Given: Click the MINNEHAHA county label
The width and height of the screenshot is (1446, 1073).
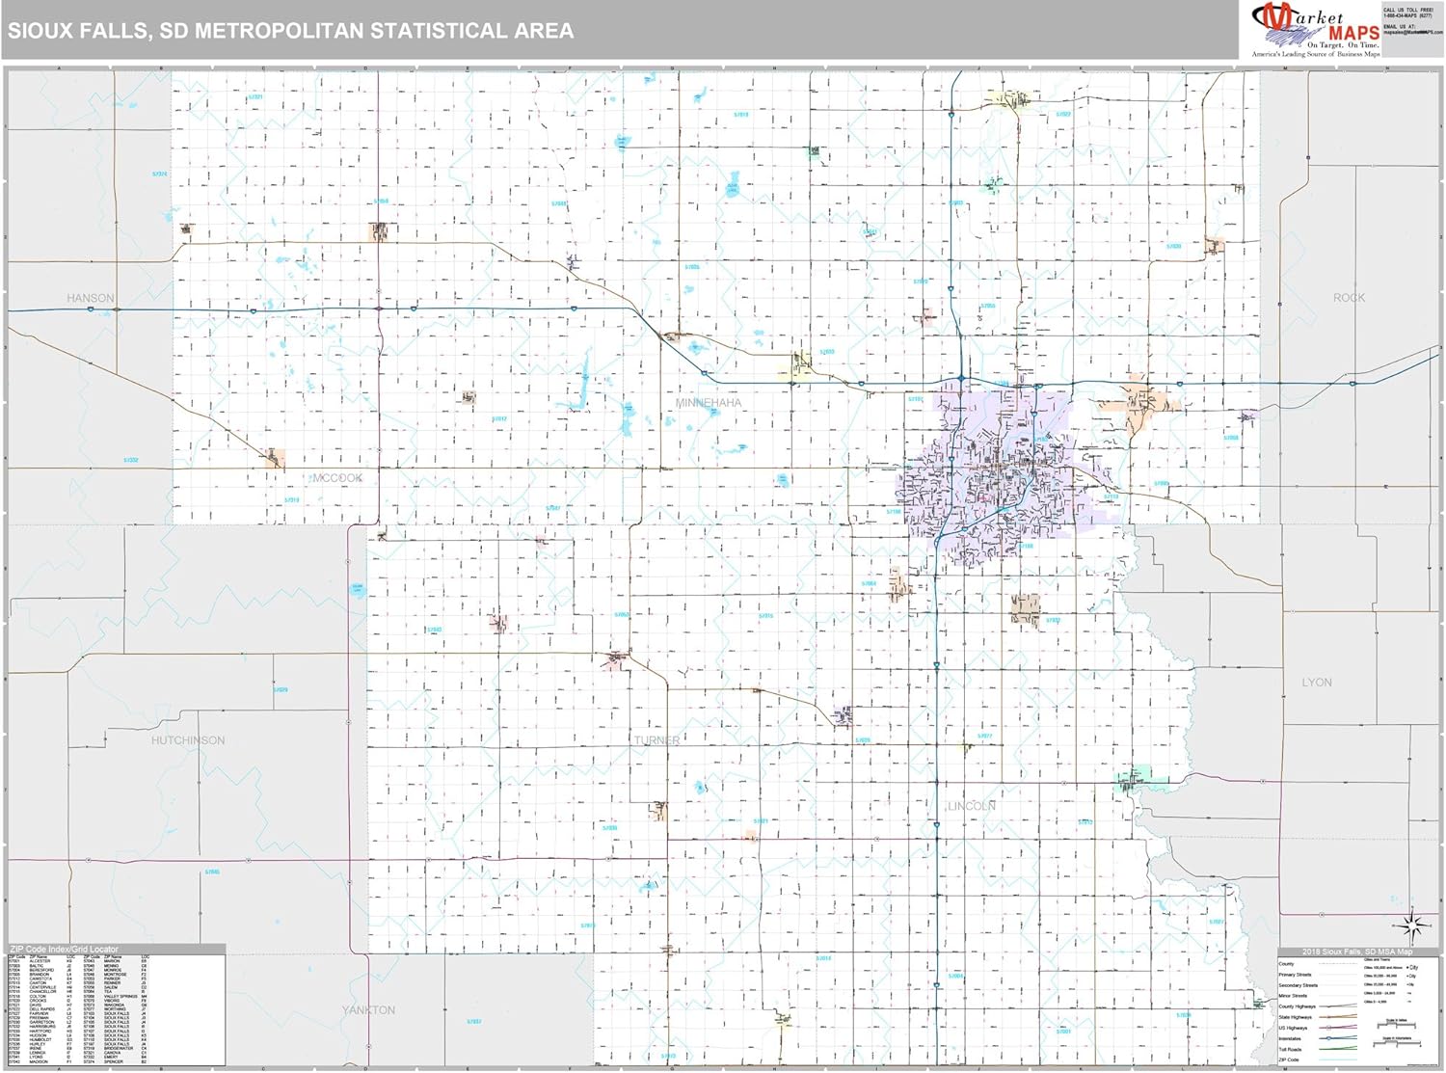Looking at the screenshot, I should point(709,402).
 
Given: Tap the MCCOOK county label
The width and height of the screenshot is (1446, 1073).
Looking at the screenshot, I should point(337,478).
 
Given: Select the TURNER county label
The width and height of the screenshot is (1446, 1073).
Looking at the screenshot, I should point(656,740).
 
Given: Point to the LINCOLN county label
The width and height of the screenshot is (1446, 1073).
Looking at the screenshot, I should point(971,806).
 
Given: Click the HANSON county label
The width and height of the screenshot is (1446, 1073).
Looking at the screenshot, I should point(91,298).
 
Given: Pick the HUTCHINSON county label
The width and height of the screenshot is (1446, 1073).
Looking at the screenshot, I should point(188,740).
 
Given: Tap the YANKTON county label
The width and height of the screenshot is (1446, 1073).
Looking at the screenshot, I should point(368,1010).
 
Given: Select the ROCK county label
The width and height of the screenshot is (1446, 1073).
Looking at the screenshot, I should point(1349,298).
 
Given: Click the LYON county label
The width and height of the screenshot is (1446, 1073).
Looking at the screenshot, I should point(1317,682).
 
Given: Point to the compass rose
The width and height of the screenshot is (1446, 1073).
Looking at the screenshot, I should point(1410,927).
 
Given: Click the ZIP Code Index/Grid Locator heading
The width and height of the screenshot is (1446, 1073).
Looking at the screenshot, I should point(64,950).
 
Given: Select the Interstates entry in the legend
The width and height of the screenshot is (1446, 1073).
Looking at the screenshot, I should point(1290,1039).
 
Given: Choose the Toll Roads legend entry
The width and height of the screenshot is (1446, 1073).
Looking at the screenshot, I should point(1290,1050).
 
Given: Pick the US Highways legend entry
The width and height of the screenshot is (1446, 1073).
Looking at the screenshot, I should point(1293,1029).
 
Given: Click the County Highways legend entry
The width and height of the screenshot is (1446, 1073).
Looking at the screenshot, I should point(1297,1006).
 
